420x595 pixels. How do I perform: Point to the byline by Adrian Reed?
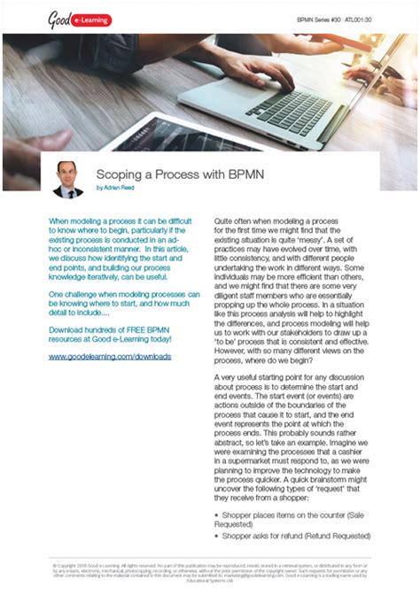(121, 189)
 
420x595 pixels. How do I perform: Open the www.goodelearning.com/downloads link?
(110, 357)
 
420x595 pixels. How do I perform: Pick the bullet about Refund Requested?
(296, 536)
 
